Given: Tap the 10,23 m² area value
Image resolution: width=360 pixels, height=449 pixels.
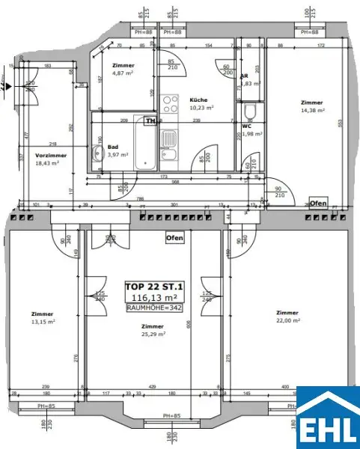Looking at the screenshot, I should (201, 108).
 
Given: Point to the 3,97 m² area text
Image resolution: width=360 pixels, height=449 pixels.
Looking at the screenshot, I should (118, 155).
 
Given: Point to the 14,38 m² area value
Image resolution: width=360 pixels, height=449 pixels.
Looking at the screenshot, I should (313, 111).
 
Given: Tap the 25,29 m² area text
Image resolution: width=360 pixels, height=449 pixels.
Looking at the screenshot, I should (153, 335).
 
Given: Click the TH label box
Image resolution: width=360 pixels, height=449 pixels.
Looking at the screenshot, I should (150, 120).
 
